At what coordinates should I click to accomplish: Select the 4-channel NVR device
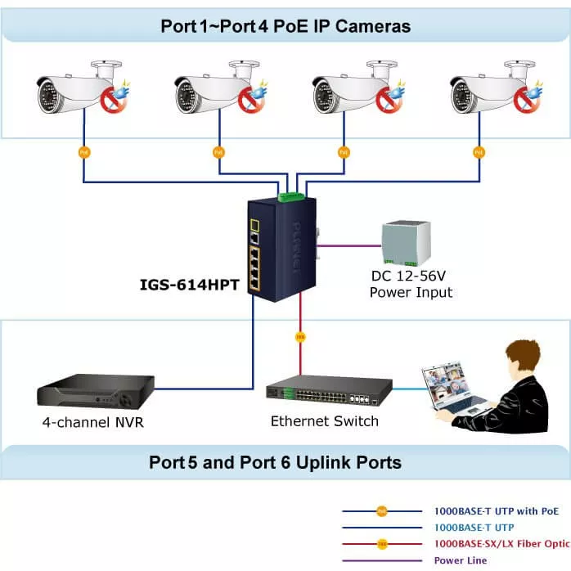(97, 391)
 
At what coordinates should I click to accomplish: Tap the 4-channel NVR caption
(94, 423)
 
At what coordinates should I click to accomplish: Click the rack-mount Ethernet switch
(328, 393)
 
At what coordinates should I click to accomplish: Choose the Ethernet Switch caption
(325, 421)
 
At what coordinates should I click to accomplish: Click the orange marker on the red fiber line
(300, 336)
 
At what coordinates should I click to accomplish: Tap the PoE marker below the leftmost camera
(83, 152)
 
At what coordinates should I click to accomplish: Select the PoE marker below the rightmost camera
(478, 152)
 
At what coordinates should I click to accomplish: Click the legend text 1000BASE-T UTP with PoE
(497, 511)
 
